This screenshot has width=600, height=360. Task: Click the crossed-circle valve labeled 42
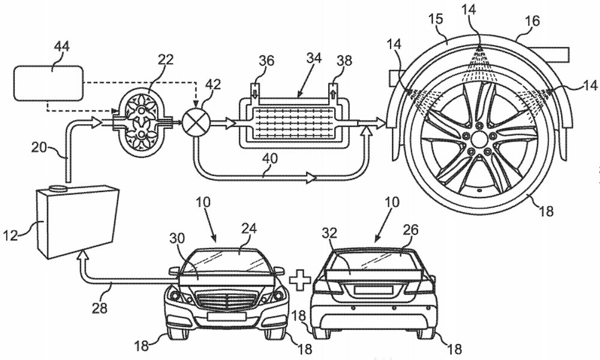coord(195,116)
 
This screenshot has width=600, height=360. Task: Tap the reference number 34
coord(313,58)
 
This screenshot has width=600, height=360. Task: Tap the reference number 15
coord(436,20)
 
